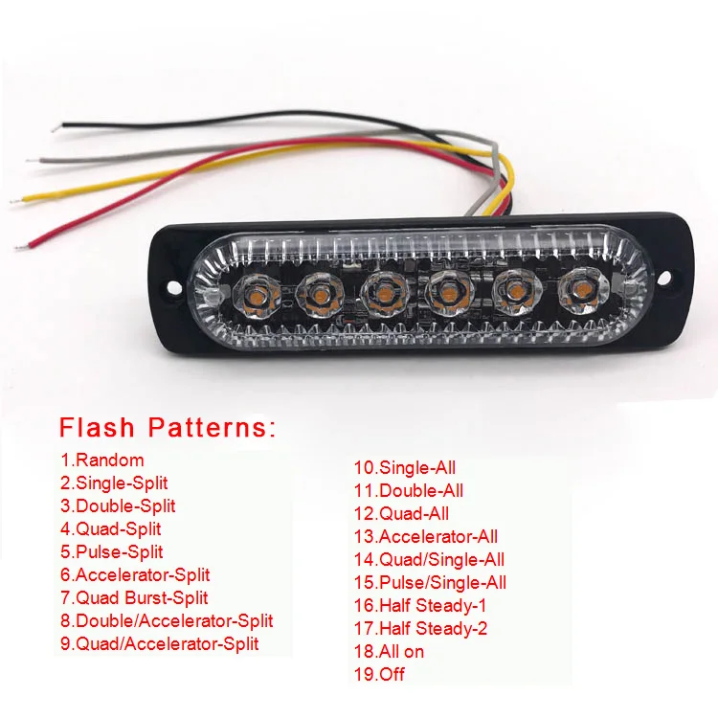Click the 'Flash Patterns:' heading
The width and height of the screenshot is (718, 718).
[x=168, y=427]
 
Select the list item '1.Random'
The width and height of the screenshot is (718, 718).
[x=101, y=460]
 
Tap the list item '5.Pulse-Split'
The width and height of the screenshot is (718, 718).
[x=111, y=551]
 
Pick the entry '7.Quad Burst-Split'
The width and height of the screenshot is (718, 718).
[x=134, y=598]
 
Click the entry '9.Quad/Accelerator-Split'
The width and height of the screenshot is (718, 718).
[x=159, y=643]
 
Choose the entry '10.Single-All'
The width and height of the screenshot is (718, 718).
[x=405, y=468]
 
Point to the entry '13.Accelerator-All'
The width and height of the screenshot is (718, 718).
[x=426, y=536]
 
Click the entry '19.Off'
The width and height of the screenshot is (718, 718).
[x=379, y=674]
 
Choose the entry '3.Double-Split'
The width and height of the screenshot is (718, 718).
[x=118, y=506]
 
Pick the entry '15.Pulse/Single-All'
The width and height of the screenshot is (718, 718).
[x=430, y=582]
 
